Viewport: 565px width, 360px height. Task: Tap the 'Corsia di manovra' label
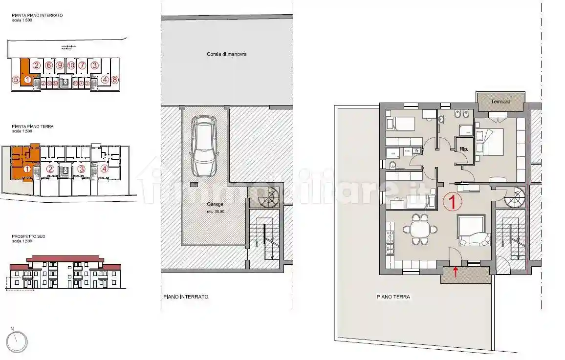tap(226, 54)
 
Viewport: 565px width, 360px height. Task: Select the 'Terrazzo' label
tap(500, 102)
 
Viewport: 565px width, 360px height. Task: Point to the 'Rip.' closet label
tap(464, 149)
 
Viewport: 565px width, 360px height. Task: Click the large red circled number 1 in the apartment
tap(452, 200)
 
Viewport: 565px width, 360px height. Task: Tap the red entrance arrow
tap(456, 272)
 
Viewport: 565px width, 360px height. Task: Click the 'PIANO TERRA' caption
tap(393, 296)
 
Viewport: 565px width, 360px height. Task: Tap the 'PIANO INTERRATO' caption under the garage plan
tap(186, 296)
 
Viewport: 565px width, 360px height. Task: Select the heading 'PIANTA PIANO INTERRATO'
tap(37, 15)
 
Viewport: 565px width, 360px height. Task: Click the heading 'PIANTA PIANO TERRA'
tap(33, 126)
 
